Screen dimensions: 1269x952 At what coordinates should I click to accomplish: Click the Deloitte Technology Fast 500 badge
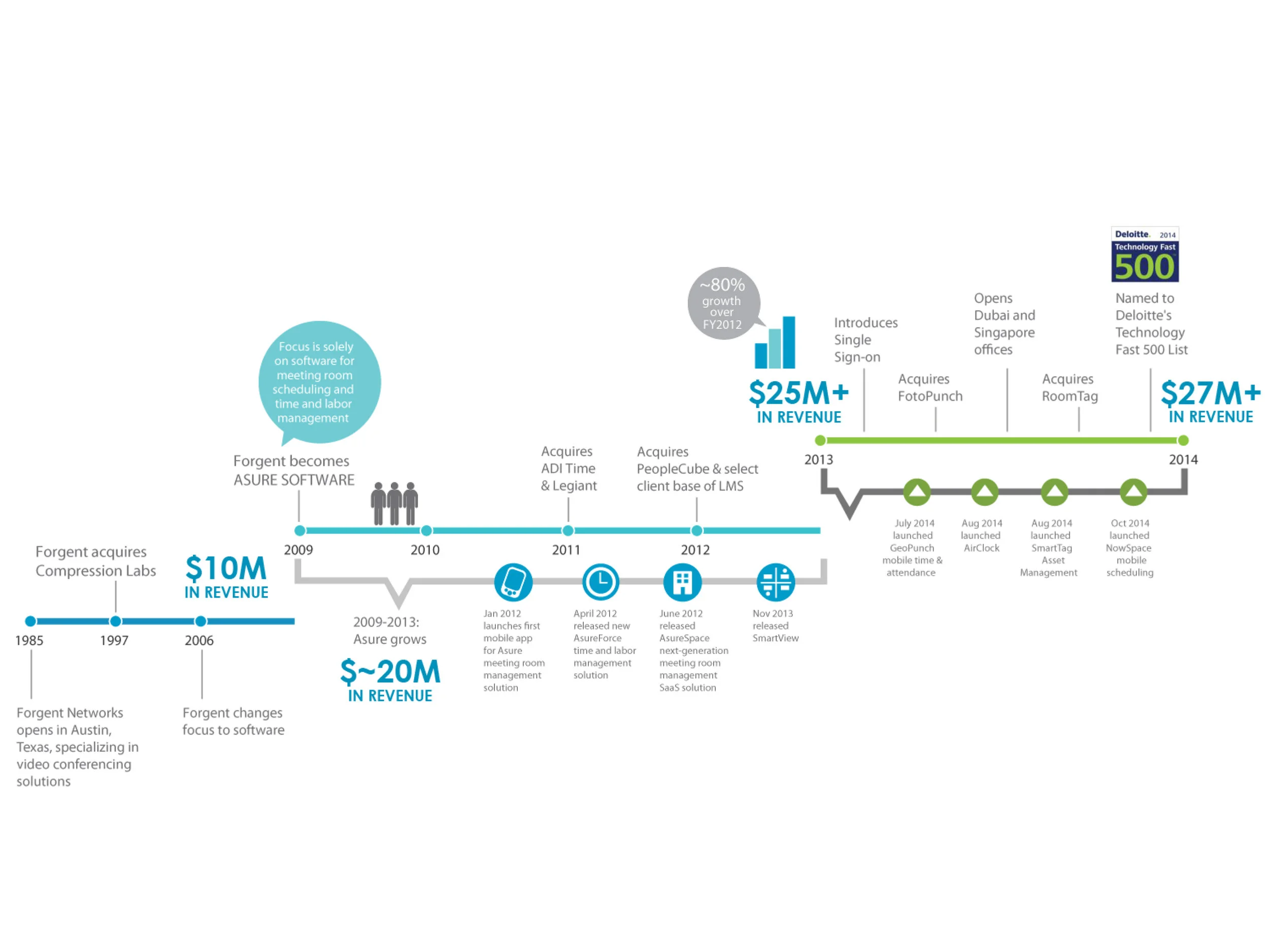point(1145,254)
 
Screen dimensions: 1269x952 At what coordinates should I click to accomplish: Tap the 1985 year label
point(29,640)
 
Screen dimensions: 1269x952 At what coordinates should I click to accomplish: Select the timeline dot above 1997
point(115,621)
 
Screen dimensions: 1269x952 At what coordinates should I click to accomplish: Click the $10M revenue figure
point(226,569)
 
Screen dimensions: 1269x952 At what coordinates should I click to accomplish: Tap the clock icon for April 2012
point(600,582)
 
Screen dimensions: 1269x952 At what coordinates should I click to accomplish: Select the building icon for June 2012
point(682,582)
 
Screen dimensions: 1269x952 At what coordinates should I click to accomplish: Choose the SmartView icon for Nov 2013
point(776,582)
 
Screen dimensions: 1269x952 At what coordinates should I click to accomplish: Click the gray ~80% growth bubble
point(723,303)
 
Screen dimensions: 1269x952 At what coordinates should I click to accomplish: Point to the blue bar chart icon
point(775,343)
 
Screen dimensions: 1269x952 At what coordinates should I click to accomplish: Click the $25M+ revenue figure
point(798,393)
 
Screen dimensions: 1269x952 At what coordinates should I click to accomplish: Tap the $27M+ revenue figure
point(1211,393)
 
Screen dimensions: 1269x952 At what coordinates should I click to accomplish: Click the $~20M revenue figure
point(390,672)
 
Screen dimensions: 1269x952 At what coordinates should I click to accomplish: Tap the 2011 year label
point(566,550)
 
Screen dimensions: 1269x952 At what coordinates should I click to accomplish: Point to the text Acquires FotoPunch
point(930,387)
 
